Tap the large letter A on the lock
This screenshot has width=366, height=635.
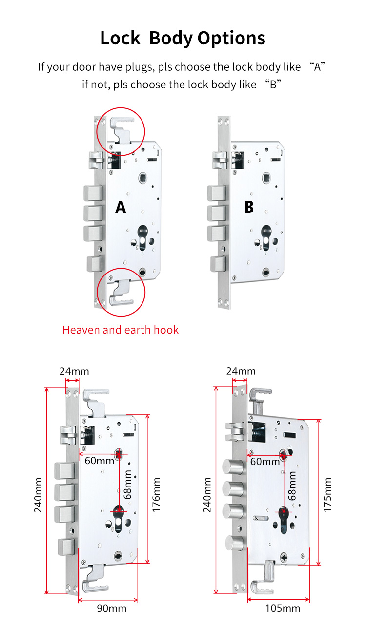121,207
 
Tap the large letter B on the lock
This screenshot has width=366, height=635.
249,207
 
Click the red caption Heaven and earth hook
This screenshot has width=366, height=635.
121,330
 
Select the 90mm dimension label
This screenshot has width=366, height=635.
112,608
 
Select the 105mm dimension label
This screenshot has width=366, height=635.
283,608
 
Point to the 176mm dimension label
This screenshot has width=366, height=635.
156,495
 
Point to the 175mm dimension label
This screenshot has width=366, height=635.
327,495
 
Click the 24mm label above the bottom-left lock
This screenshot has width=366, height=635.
74,371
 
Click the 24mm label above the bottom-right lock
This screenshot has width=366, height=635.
241,371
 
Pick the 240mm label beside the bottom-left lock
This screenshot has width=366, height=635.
38,495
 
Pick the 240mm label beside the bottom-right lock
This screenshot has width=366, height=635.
207,495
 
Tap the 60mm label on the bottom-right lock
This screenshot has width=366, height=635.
265,462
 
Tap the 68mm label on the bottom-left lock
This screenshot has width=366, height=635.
127,485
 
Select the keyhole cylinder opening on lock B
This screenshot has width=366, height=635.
266,237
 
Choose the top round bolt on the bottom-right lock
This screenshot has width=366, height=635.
232,466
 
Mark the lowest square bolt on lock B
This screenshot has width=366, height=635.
218,264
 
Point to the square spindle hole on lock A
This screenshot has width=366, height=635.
143,178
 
